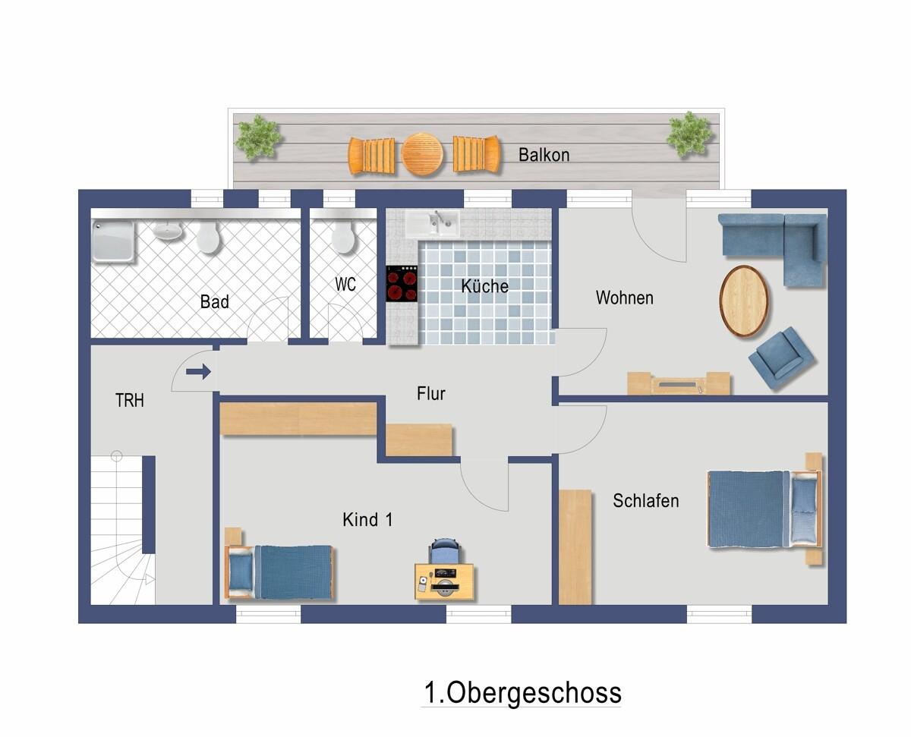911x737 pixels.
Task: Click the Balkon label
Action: (544, 155)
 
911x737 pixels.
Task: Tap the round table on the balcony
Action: (423, 154)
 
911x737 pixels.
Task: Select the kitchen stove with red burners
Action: (402, 283)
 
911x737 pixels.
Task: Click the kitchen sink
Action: (433, 222)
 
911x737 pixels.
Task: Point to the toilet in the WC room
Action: (343, 237)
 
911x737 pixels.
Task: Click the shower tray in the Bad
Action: (113, 241)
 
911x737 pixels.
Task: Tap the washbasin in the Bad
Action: (168, 231)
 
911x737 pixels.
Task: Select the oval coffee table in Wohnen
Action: (743, 301)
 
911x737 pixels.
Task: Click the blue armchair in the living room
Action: (781, 357)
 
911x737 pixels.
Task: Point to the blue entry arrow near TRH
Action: (198, 371)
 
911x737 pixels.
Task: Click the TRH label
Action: (130, 401)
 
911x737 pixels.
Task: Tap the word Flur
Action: (430, 393)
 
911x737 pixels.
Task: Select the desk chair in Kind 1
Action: (445, 550)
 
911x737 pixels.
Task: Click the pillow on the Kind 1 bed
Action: (241, 572)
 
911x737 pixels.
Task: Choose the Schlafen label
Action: (646, 501)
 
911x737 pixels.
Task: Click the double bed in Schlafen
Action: (764, 509)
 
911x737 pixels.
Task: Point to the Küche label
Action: (484, 286)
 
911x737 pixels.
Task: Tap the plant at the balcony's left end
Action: (258, 137)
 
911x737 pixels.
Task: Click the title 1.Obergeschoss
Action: (522, 693)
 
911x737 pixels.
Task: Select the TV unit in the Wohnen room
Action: (679, 383)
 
